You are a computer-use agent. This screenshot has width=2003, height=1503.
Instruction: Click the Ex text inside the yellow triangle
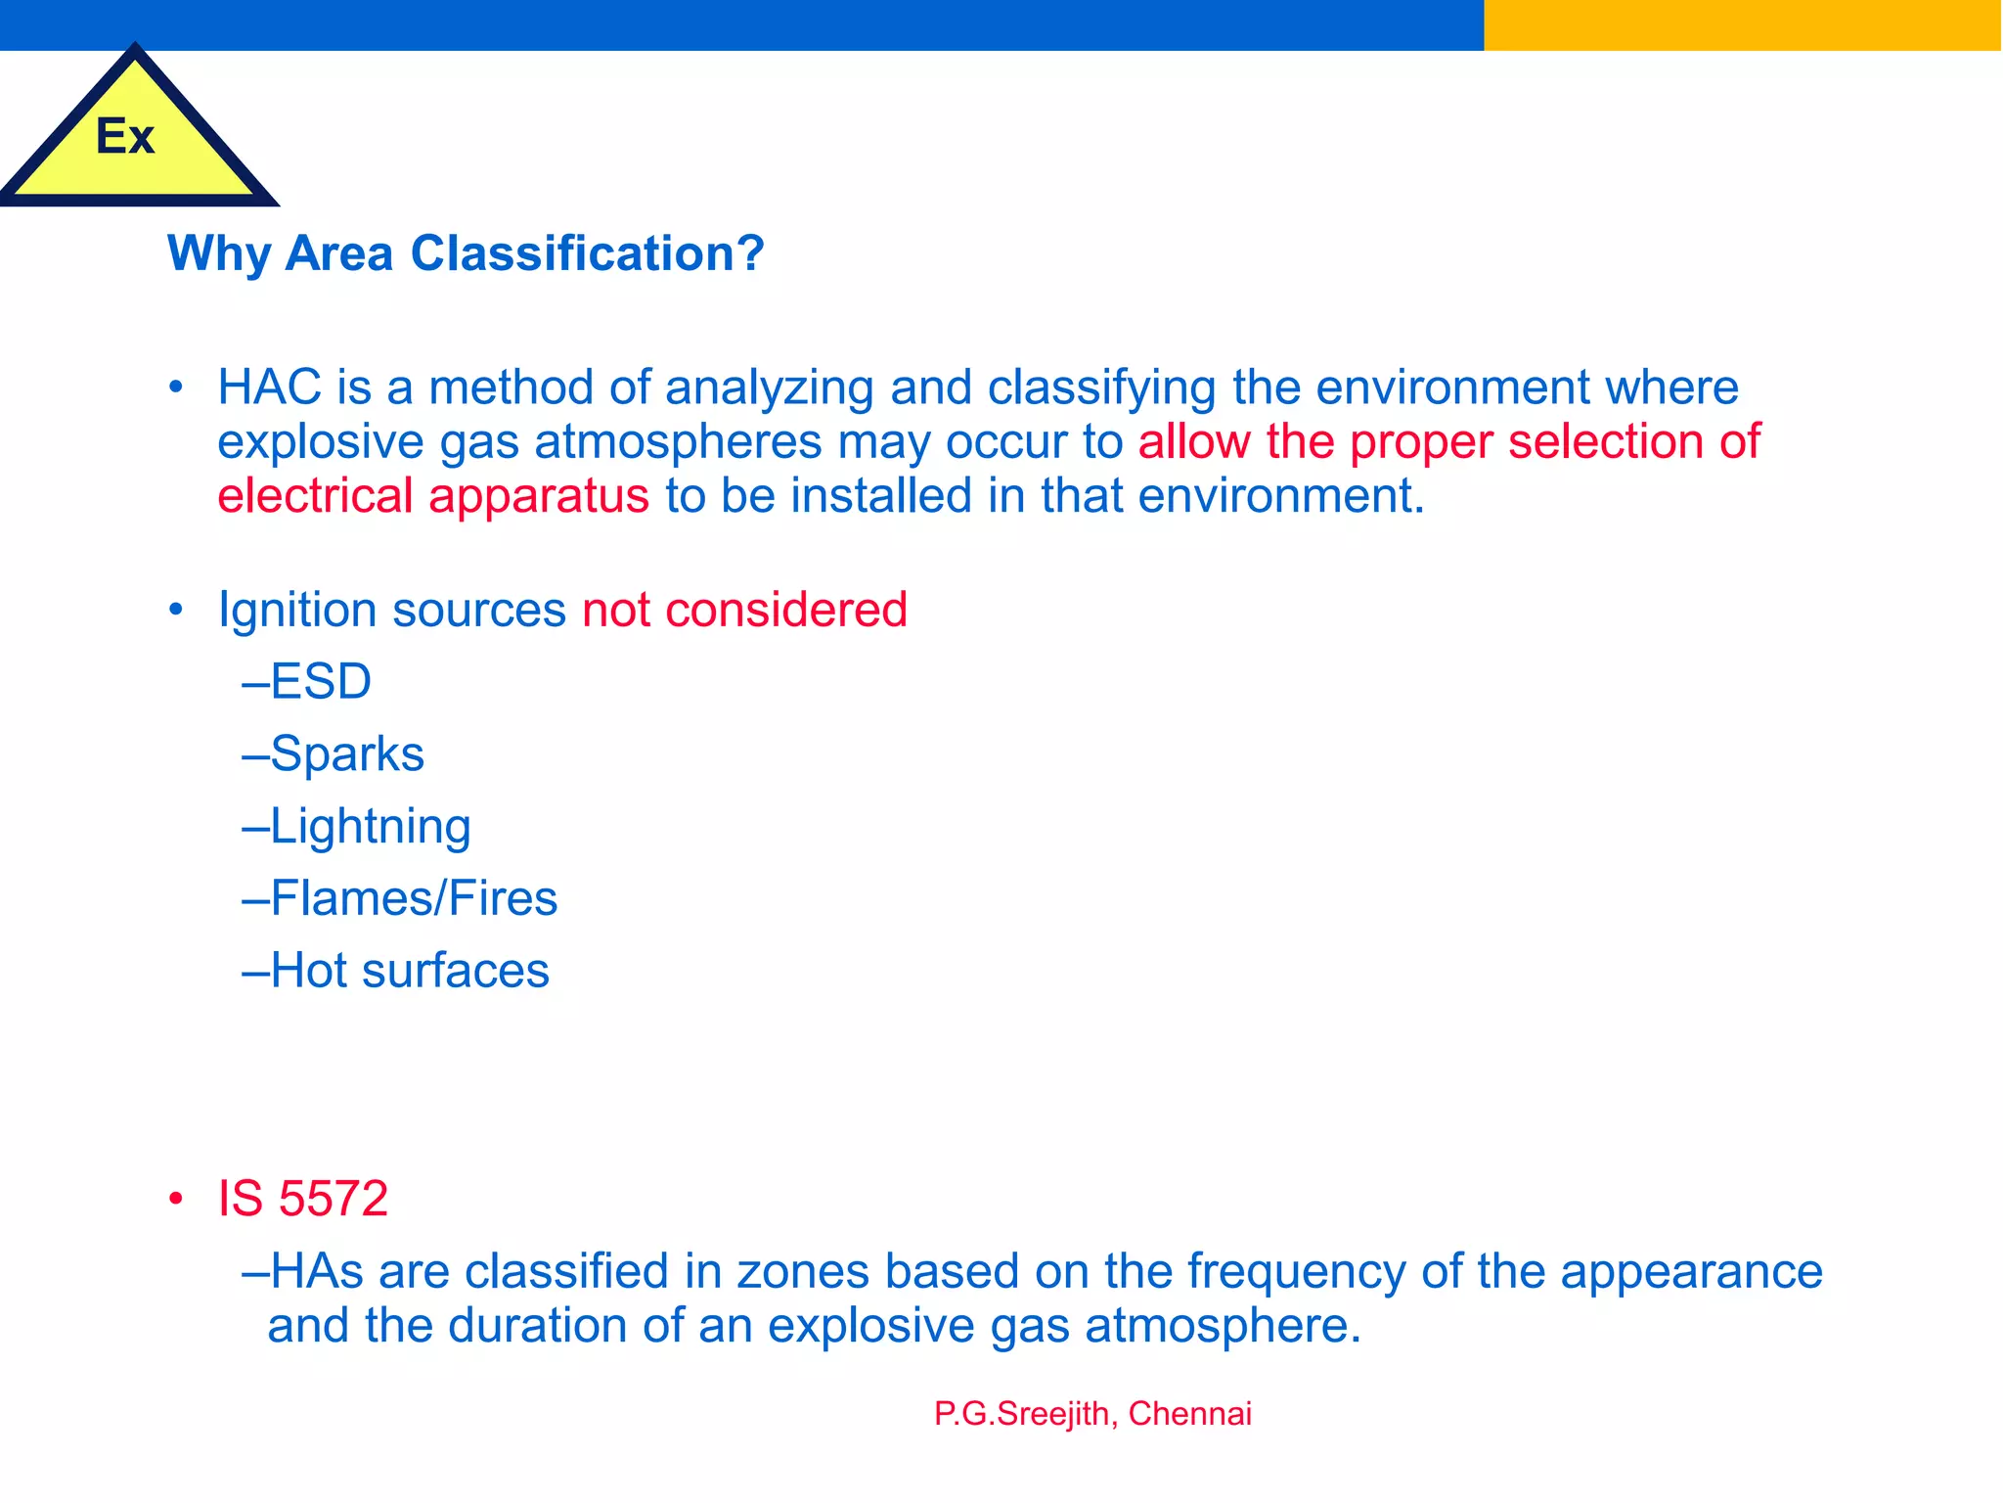coord(125,136)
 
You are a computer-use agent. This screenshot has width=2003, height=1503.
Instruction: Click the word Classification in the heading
coord(587,253)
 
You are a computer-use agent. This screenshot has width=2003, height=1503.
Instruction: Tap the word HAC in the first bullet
coord(269,387)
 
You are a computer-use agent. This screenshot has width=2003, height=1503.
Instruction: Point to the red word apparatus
coord(539,496)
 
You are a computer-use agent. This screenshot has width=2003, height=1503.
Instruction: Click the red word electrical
coord(315,496)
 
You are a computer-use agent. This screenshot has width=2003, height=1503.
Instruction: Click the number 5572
coord(333,1199)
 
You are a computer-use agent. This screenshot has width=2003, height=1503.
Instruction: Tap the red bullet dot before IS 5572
coord(176,1199)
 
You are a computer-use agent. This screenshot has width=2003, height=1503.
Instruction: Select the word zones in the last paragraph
coord(802,1272)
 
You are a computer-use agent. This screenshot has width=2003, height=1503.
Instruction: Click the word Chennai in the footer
coord(1189,1414)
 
